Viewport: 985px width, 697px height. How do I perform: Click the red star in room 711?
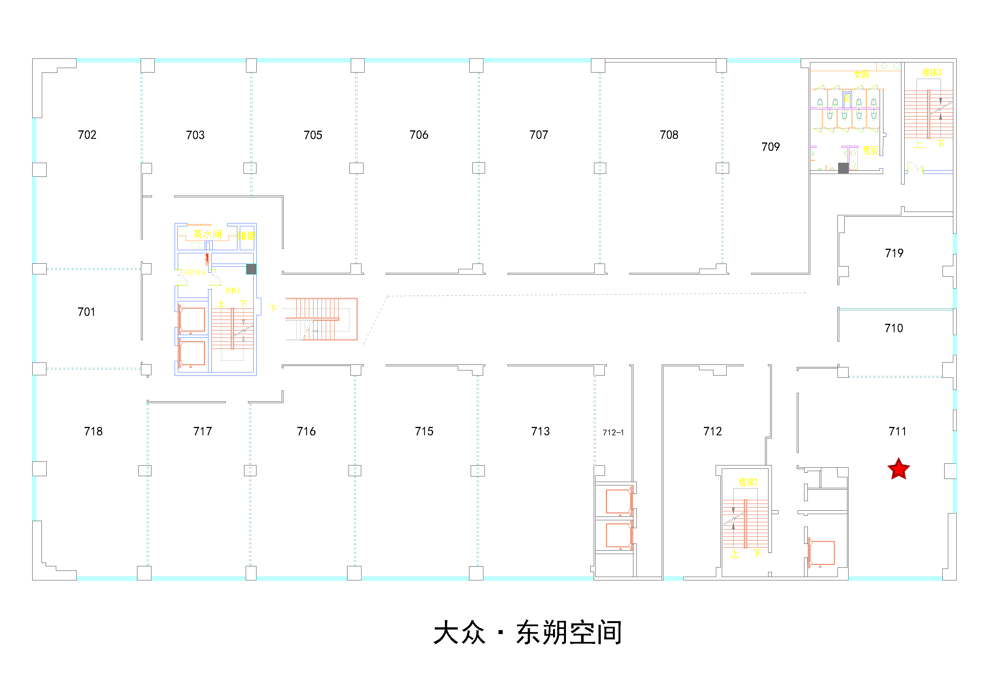(898, 469)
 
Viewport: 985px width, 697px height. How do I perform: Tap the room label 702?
(87, 135)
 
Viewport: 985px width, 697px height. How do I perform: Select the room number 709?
(770, 147)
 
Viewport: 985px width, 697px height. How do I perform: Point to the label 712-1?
(613, 432)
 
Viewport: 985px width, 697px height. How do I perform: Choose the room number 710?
(894, 328)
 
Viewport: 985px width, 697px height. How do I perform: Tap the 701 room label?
(86, 312)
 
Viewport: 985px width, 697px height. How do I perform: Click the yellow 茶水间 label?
(207, 234)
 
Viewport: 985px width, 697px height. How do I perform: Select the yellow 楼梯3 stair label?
(931, 72)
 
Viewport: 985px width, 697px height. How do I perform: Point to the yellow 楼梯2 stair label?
(748, 482)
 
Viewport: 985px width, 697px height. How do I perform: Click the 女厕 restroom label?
(861, 75)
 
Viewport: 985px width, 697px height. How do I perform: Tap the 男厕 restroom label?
(870, 151)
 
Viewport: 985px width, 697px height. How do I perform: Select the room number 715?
(424, 431)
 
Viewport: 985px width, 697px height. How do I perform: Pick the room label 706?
(419, 135)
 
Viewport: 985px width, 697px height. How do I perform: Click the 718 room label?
(93, 431)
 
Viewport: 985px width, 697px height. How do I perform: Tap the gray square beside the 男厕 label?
(843, 168)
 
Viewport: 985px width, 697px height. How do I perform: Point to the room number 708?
(669, 135)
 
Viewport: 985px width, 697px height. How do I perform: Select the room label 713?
(540, 431)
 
